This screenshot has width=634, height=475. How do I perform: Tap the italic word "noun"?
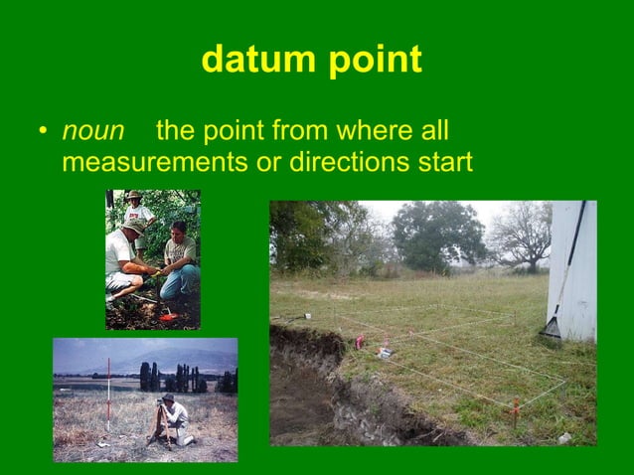click(93, 131)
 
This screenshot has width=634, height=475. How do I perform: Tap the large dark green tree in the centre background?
click(438, 234)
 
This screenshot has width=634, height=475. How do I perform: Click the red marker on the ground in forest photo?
click(167, 316)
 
